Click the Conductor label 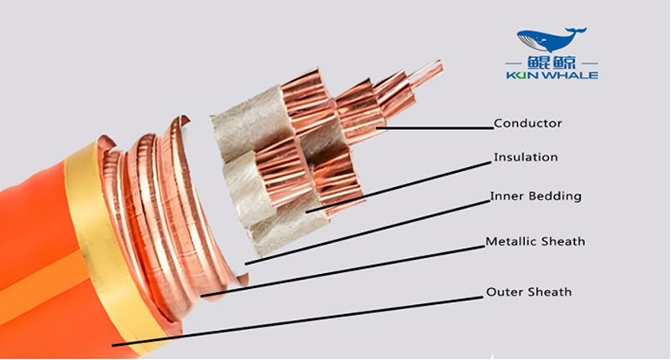[528, 124]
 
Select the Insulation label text [526, 157]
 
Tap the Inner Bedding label [535, 197]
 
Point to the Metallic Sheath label [536, 242]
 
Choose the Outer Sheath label [529, 292]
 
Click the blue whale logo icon [551, 39]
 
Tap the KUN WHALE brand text [552, 75]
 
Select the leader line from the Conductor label [439, 128]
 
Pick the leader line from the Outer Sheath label [301, 319]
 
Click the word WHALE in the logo [573, 75]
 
